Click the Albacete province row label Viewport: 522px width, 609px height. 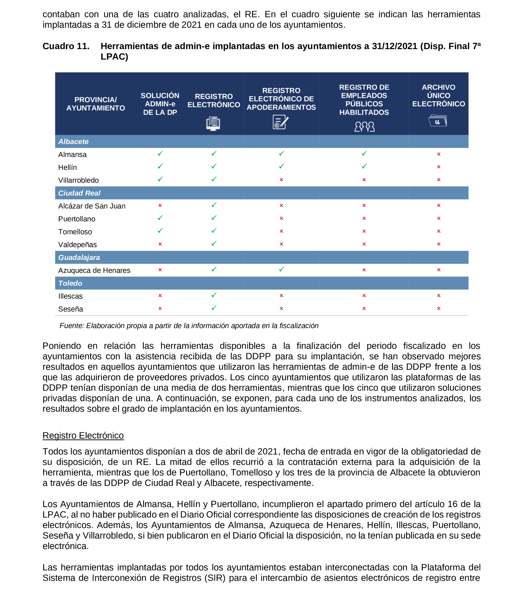click(x=73, y=141)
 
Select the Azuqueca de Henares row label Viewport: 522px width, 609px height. click(x=94, y=270)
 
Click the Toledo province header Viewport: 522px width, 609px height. click(x=70, y=283)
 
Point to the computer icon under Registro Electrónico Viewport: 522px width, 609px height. click(x=213, y=124)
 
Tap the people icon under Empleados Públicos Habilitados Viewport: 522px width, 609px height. click(x=364, y=127)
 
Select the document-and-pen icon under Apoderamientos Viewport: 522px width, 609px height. click(x=280, y=122)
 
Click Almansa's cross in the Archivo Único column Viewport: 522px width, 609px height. click(x=438, y=154)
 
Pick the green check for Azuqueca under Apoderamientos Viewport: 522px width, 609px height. click(x=281, y=269)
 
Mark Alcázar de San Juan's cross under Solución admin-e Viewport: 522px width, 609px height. click(x=160, y=206)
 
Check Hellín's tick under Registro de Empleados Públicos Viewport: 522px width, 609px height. click(x=364, y=166)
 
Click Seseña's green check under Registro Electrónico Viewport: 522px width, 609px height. click(x=214, y=308)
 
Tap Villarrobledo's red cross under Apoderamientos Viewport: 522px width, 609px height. click(x=281, y=180)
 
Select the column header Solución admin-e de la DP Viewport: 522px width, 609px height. click(x=160, y=104)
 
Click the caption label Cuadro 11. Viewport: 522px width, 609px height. click(x=66, y=46)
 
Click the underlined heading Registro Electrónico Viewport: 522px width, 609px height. click(x=83, y=435)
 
